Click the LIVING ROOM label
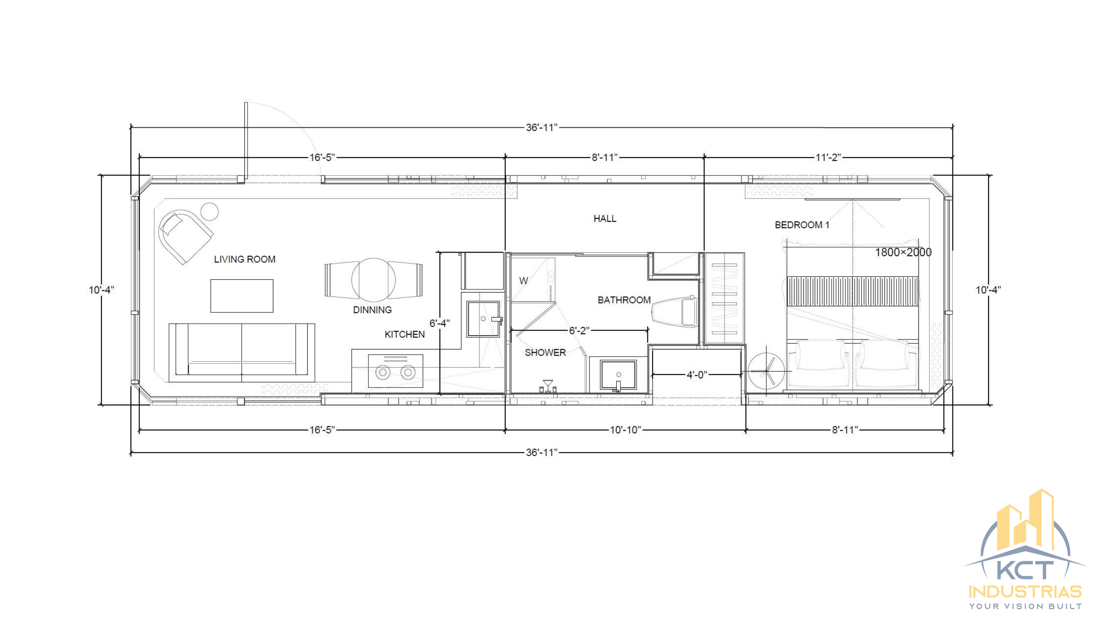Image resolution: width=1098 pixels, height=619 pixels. click(x=245, y=259)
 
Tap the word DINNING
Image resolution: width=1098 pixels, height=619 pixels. click(x=372, y=310)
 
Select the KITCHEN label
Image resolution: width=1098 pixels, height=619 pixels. click(x=404, y=334)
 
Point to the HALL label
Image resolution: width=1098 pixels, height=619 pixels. click(x=605, y=219)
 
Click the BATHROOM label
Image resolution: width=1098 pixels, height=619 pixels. click(x=624, y=300)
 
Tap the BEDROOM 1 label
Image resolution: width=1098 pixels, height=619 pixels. click(x=802, y=225)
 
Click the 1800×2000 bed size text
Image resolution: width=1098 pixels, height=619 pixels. click(x=903, y=252)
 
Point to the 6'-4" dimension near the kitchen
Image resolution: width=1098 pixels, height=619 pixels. click(x=439, y=323)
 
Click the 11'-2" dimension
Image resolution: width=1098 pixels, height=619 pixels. click(x=828, y=157)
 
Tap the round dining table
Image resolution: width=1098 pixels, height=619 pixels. click(x=373, y=279)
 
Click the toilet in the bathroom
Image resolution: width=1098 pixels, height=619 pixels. click(x=675, y=312)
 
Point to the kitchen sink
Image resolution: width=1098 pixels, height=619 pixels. click(x=483, y=319)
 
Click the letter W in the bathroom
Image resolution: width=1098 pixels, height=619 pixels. click(x=523, y=281)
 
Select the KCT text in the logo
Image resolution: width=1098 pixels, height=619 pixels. click(x=1025, y=570)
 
